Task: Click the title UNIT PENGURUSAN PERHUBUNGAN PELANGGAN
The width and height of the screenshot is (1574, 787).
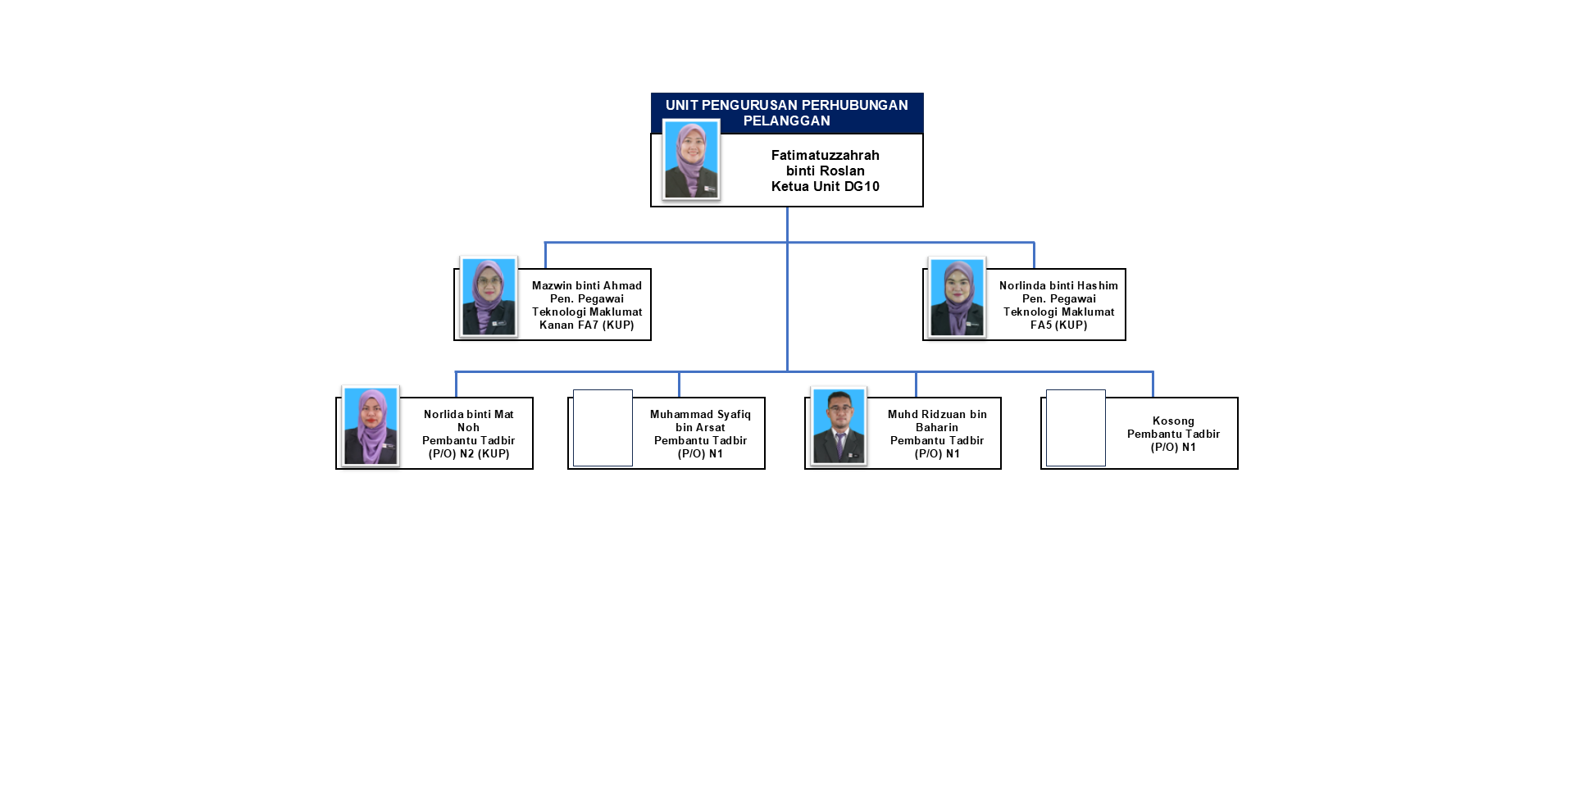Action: [786, 113]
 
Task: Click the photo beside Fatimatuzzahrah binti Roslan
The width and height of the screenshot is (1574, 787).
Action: [691, 159]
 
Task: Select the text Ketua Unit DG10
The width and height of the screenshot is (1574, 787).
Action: [825, 187]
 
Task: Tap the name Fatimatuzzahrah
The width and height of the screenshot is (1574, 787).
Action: [825, 156]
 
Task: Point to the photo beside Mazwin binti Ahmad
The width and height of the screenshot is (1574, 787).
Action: [489, 297]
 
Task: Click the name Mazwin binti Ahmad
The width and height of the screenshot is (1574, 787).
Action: [587, 286]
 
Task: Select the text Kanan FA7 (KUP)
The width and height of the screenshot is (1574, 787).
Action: [587, 325]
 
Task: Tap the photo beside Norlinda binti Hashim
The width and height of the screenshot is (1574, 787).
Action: [957, 297]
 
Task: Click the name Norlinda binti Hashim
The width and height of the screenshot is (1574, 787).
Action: [1058, 286]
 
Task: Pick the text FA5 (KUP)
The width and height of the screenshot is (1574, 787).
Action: [1058, 325]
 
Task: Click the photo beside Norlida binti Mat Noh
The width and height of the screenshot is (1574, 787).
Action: [371, 426]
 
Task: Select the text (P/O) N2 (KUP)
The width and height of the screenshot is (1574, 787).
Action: [469, 454]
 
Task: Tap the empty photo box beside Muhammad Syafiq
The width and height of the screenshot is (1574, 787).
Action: [603, 428]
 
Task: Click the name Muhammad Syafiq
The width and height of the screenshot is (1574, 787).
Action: [700, 415]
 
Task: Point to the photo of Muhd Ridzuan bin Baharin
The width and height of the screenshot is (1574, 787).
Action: [838, 426]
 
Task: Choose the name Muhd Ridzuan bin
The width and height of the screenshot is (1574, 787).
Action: [937, 415]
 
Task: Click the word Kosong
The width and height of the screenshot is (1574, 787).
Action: [1173, 421]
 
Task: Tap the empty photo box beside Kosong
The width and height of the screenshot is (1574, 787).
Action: [1076, 428]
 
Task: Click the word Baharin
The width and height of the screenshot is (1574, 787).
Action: [937, 428]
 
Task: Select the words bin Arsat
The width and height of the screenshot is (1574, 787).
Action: [700, 428]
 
